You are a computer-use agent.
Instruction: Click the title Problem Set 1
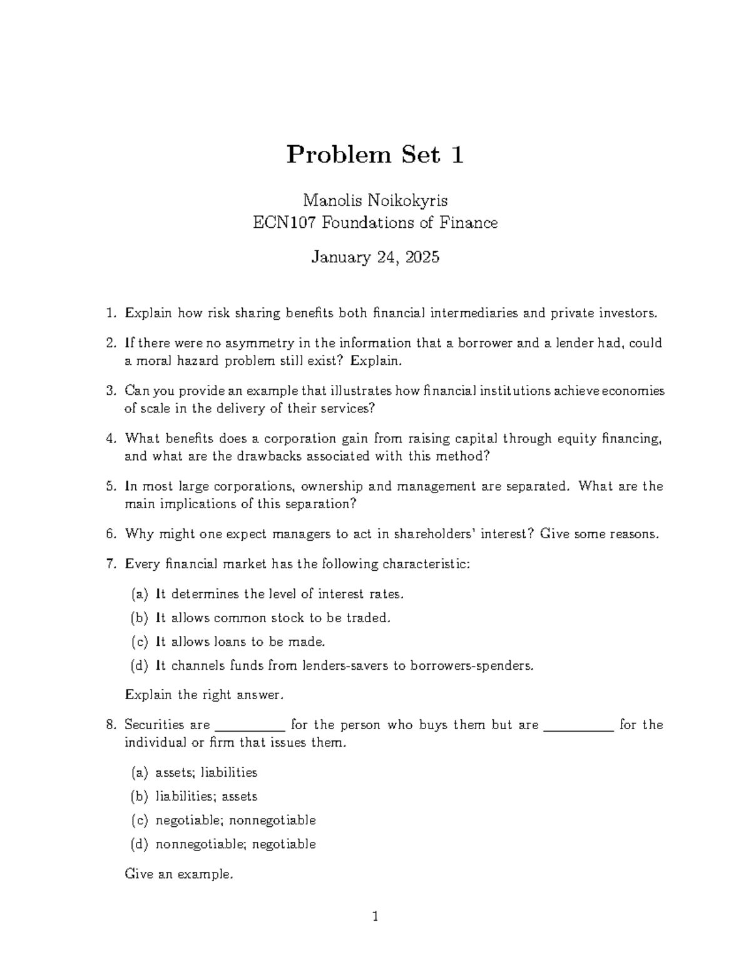tap(375, 155)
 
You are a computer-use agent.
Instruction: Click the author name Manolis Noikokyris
tap(375, 200)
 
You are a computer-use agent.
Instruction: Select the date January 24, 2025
tap(375, 257)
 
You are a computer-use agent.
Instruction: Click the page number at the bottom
tap(375, 918)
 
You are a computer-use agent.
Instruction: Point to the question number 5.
tap(111, 486)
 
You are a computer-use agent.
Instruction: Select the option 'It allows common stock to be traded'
tap(272, 618)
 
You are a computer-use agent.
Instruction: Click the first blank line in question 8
tap(250, 726)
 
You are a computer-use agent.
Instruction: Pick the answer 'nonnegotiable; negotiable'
tap(235, 844)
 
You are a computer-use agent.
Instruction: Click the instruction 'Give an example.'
tap(179, 874)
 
